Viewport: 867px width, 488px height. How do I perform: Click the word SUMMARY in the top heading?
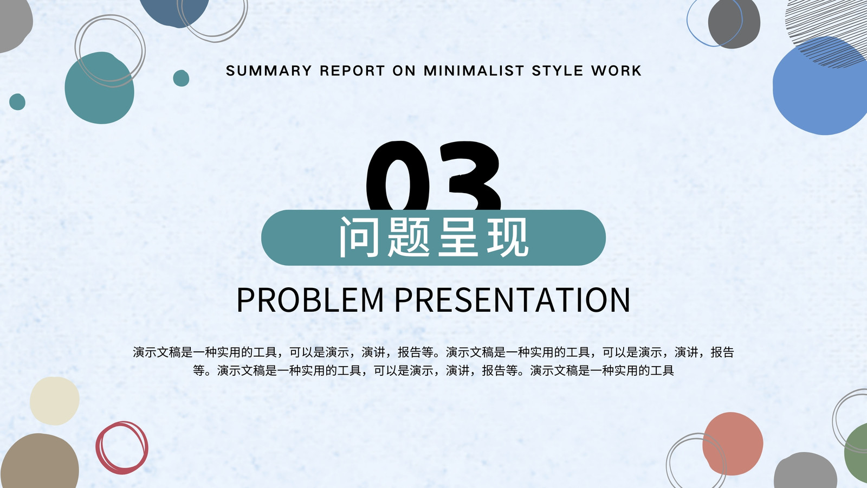pos(269,70)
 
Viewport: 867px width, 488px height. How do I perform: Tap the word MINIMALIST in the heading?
pos(474,70)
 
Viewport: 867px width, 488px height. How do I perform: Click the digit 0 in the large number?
pos(399,176)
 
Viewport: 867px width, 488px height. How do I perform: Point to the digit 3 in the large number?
pos(470,176)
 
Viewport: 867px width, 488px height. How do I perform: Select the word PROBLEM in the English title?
pos(309,300)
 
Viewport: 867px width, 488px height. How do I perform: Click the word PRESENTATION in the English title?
pos(513,300)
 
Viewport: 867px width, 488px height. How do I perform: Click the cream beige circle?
pos(55,401)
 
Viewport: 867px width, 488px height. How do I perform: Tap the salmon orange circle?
pos(732,444)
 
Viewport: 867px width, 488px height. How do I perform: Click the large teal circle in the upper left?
pos(100,88)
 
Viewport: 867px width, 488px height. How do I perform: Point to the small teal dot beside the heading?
pos(181,78)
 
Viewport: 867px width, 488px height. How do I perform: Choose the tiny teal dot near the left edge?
pos(17,102)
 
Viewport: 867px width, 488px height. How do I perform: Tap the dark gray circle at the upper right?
pos(734,23)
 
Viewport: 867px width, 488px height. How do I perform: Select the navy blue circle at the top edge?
pos(174,11)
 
